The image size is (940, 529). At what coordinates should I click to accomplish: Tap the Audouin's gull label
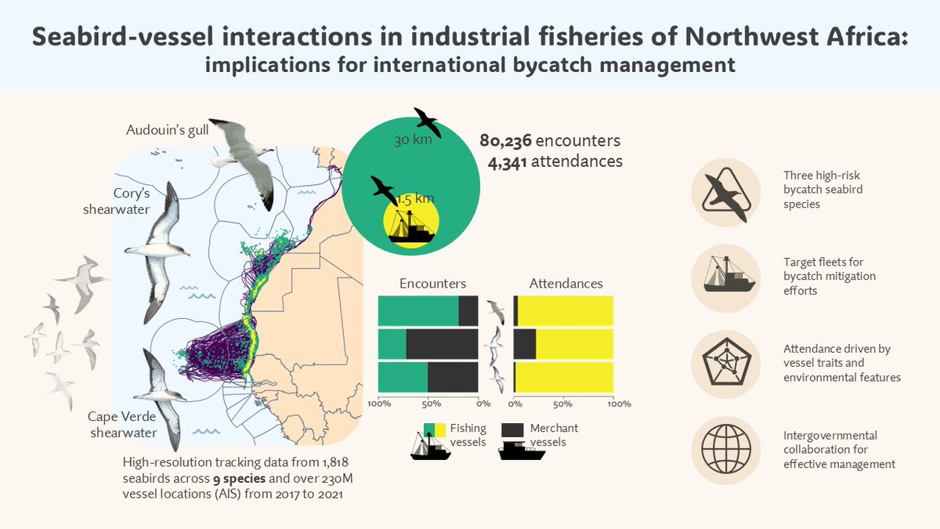(x=168, y=130)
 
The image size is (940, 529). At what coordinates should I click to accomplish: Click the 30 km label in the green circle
(x=411, y=140)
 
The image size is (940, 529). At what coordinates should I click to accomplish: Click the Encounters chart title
(x=432, y=283)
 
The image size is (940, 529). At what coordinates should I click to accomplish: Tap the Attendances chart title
(x=566, y=283)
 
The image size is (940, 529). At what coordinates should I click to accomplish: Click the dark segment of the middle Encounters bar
(x=442, y=343)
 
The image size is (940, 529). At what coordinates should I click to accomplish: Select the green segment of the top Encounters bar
(x=418, y=310)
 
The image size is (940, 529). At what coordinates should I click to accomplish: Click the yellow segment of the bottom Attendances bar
(x=565, y=376)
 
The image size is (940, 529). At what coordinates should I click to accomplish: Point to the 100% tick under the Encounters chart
(x=380, y=404)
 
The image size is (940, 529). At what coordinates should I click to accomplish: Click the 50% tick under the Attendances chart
(x=564, y=404)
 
